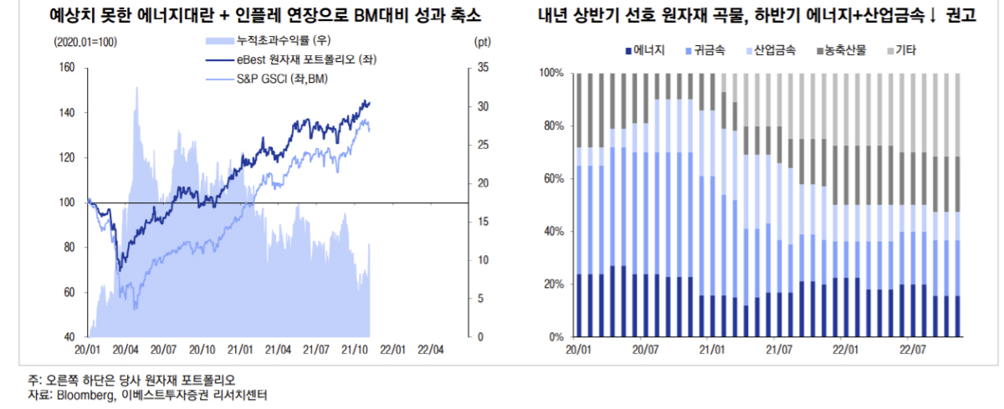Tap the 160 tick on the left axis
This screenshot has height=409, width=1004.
pyautogui.click(x=68, y=69)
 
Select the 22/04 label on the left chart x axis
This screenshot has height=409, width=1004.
pyautogui.click(x=430, y=349)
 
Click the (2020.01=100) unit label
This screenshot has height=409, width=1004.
pyautogui.click(x=85, y=41)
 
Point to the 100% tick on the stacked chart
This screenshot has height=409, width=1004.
pyautogui.click(x=552, y=74)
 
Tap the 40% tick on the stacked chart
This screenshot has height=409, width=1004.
pyautogui.click(x=555, y=232)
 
